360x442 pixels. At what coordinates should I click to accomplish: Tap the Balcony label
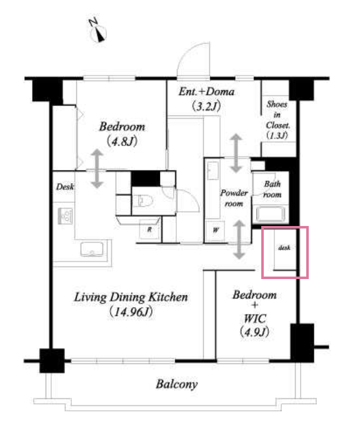177,384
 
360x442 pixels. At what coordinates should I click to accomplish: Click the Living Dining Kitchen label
131,297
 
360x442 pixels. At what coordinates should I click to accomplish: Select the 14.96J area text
131,312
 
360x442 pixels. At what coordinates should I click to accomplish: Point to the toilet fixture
142,200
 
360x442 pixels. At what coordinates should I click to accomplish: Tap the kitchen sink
92,249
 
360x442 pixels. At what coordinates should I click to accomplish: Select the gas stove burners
66,216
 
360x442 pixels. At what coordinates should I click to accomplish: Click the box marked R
149,230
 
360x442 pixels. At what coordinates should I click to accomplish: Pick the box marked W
215,230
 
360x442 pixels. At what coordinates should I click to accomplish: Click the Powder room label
234,198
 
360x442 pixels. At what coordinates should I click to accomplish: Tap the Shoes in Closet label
277,120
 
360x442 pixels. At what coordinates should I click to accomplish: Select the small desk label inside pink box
284,247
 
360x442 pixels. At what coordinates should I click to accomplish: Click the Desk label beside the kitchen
65,187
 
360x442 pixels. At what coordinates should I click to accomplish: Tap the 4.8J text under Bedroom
122,141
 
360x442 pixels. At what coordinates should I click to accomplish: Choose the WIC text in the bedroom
255,319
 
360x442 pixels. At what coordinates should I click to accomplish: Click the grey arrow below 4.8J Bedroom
97,169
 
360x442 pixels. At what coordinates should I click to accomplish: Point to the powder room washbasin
213,171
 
